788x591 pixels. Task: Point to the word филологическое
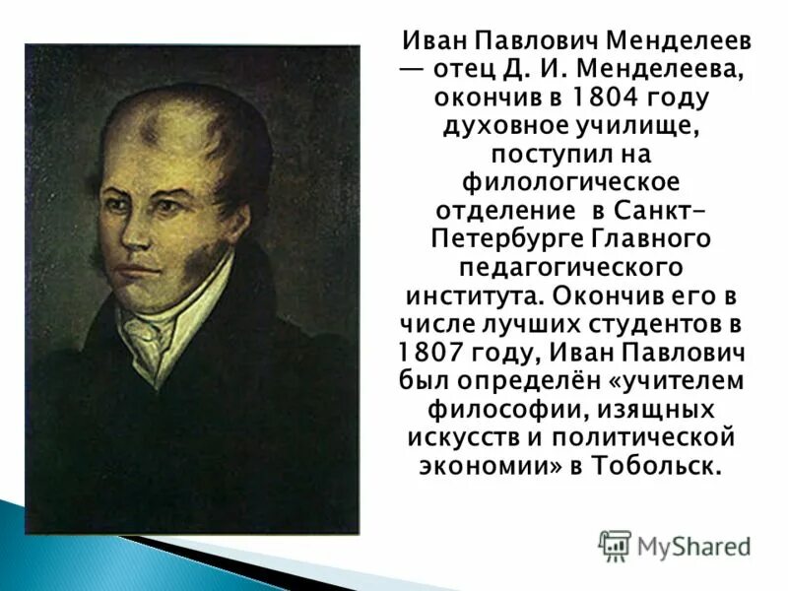click(572, 183)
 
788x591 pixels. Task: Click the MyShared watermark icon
click(616, 546)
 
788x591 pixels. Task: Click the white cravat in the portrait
click(148, 335)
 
